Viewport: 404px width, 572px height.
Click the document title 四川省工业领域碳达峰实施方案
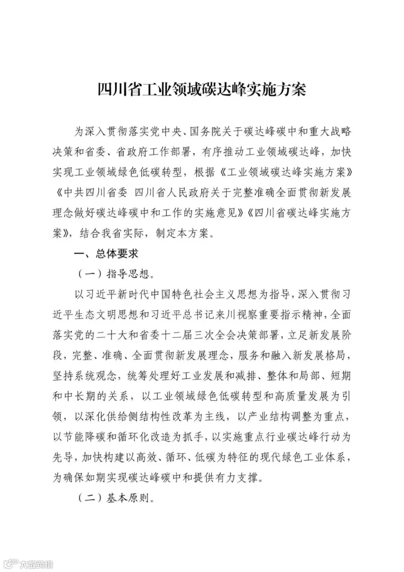(202, 89)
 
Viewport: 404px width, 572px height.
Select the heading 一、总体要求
(106, 254)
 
